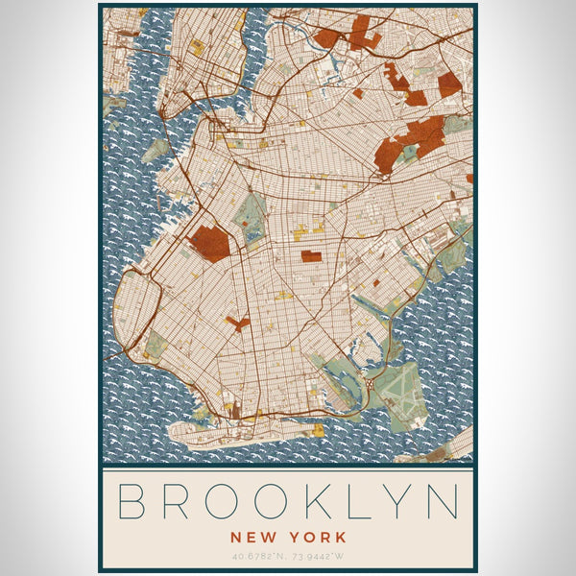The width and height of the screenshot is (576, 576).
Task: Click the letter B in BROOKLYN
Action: tap(132, 504)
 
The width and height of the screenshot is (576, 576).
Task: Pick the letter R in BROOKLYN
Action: tap(177, 504)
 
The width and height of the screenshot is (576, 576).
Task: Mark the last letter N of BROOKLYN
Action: tap(444, 504)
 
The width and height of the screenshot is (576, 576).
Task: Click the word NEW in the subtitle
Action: tap(251, 538)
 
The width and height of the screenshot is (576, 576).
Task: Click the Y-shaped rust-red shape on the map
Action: tap(238, 324)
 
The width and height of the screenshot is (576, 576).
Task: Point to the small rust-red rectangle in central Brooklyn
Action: tap(311, 256)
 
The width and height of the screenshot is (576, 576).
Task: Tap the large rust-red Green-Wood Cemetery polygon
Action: tap(210, 243)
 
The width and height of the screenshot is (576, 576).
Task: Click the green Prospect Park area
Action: tap(251, 217)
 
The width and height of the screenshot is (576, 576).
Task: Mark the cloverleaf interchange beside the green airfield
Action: tap(369, 385)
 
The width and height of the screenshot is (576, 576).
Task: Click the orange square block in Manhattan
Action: tap(197, 46)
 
